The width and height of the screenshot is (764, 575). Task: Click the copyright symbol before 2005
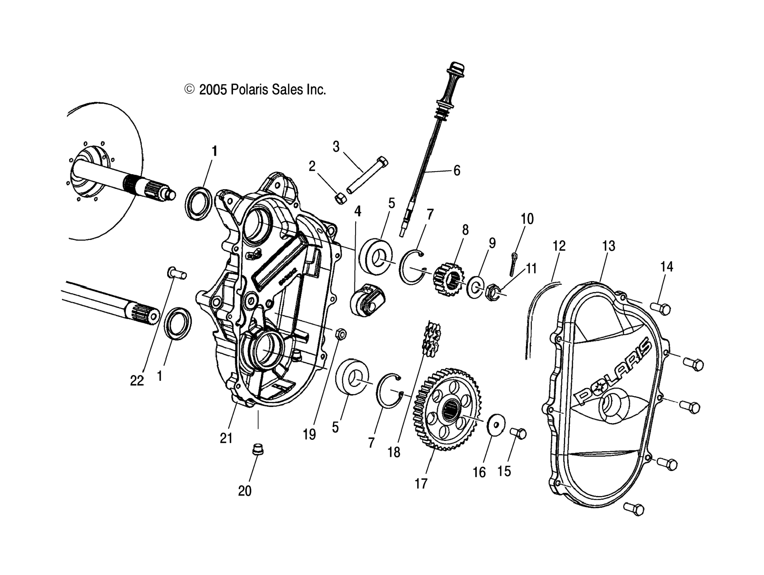pyautogui.click(x=189, y=89)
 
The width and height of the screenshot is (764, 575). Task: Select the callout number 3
pyautogui.click(x=336, y=146)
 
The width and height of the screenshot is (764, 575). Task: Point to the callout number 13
pyautogui.click(x=609, y=246)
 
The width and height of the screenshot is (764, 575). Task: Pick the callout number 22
pyautogui.click(x=137, y=381)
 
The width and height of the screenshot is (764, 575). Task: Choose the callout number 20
pyautogui.click(x=245, y=491)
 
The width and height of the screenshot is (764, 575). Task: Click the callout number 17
pyautogui.click(x=421, y=484)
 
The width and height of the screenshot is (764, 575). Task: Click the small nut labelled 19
pyautogui.click(x=339, y=334)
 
